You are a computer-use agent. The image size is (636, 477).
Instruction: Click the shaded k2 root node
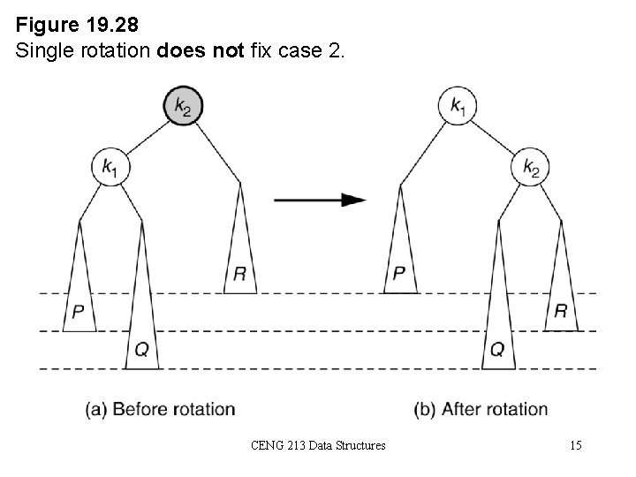183,107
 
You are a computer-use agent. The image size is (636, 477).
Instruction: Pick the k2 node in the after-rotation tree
530,167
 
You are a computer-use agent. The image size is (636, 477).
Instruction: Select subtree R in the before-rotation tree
240,256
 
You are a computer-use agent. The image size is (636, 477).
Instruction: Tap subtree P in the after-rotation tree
400,256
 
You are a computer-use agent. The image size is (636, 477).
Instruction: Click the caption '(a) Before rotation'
161,409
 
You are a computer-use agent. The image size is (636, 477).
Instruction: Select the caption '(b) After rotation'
481,409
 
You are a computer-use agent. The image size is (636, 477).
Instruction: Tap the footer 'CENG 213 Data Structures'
317,446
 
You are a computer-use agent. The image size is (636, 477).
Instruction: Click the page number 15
575,446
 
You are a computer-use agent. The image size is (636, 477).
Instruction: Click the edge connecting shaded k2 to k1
145,137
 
